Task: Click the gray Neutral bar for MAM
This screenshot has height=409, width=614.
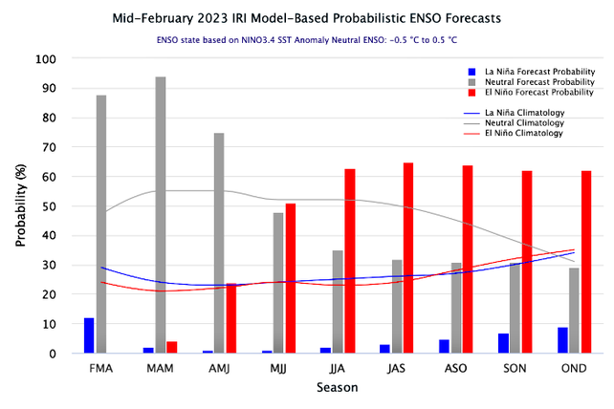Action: [161, 215]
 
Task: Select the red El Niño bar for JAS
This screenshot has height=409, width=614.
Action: [408, 258]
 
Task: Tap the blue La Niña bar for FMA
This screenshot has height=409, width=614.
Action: [89, 335]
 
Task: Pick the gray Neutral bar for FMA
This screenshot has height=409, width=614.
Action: [101, 225]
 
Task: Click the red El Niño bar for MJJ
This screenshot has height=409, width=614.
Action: [291, 278]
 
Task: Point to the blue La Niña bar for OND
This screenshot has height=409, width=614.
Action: [561, 340]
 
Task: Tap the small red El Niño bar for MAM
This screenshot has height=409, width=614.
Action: [172, 347]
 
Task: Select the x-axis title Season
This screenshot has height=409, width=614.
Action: [338, 388]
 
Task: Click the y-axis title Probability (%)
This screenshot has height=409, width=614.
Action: [20, 206]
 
